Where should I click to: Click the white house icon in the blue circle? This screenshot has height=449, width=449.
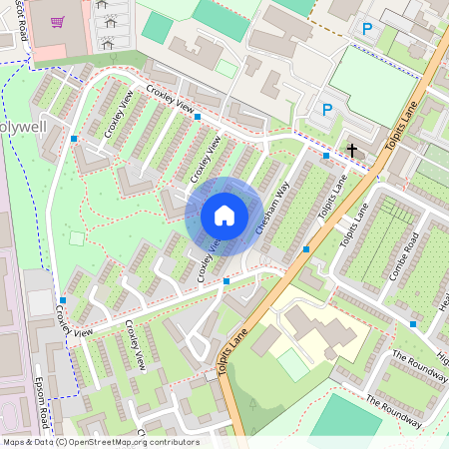[x=224, y=216]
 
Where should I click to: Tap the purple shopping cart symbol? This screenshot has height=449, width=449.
[x=57, y=22]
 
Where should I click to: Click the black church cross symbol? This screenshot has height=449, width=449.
[x=351, y=151]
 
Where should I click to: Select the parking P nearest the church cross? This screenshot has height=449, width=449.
[x=326, y=109]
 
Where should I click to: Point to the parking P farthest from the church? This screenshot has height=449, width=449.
[x=367, y=29]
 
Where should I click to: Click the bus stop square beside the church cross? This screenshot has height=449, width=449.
[x=326, y=156]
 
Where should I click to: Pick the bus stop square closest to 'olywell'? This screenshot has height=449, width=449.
[x=74, y=138]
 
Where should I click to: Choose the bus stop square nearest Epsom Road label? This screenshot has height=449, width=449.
[x=62, y=299]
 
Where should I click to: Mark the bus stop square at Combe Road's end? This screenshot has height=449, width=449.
[x=413, y=323]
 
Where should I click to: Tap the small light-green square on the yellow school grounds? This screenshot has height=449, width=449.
[x=293, y=364]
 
